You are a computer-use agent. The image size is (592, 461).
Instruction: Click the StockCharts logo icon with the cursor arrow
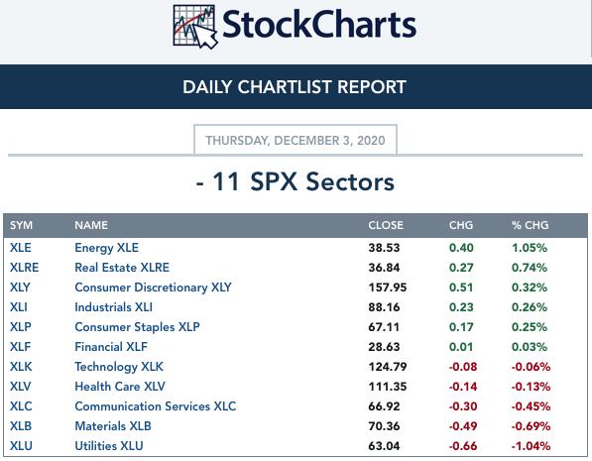(x=195, y=27)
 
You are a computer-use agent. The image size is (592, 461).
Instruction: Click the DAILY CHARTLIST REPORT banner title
(x=295, y=87)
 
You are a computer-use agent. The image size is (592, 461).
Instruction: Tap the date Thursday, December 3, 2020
(x=296, y=141)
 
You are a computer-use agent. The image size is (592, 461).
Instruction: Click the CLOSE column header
(x=386, y=225)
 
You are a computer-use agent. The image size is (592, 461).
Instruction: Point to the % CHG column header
(x=531, y=225)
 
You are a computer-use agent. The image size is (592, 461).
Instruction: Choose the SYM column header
(x=21, y=225)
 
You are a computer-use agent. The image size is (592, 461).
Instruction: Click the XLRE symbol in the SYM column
(x=24, y=268)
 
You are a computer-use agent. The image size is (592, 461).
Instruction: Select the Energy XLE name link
(x=106, y=248)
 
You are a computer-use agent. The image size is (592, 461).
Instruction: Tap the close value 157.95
(x=388, y=288)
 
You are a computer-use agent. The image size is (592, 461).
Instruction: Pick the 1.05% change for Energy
(x=530, y=248)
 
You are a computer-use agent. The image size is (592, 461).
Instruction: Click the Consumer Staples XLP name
(x=137, y=327)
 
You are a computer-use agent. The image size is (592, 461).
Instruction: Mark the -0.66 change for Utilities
(x=463, y=446)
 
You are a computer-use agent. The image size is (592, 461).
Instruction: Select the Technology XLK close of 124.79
(x=388, y=367)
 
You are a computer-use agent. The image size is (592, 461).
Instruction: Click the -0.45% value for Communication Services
(x=531, y=406)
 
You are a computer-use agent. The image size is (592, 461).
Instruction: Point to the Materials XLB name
(x=113, y=426)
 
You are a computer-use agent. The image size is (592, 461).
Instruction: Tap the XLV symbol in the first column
(x=21, y=387)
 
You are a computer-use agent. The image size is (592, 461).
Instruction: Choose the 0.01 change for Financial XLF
(x=461, y=347)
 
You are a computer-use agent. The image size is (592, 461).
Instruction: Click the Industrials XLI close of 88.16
(x=384, y=307)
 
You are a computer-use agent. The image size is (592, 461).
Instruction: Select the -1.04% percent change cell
(x=531, y=446)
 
